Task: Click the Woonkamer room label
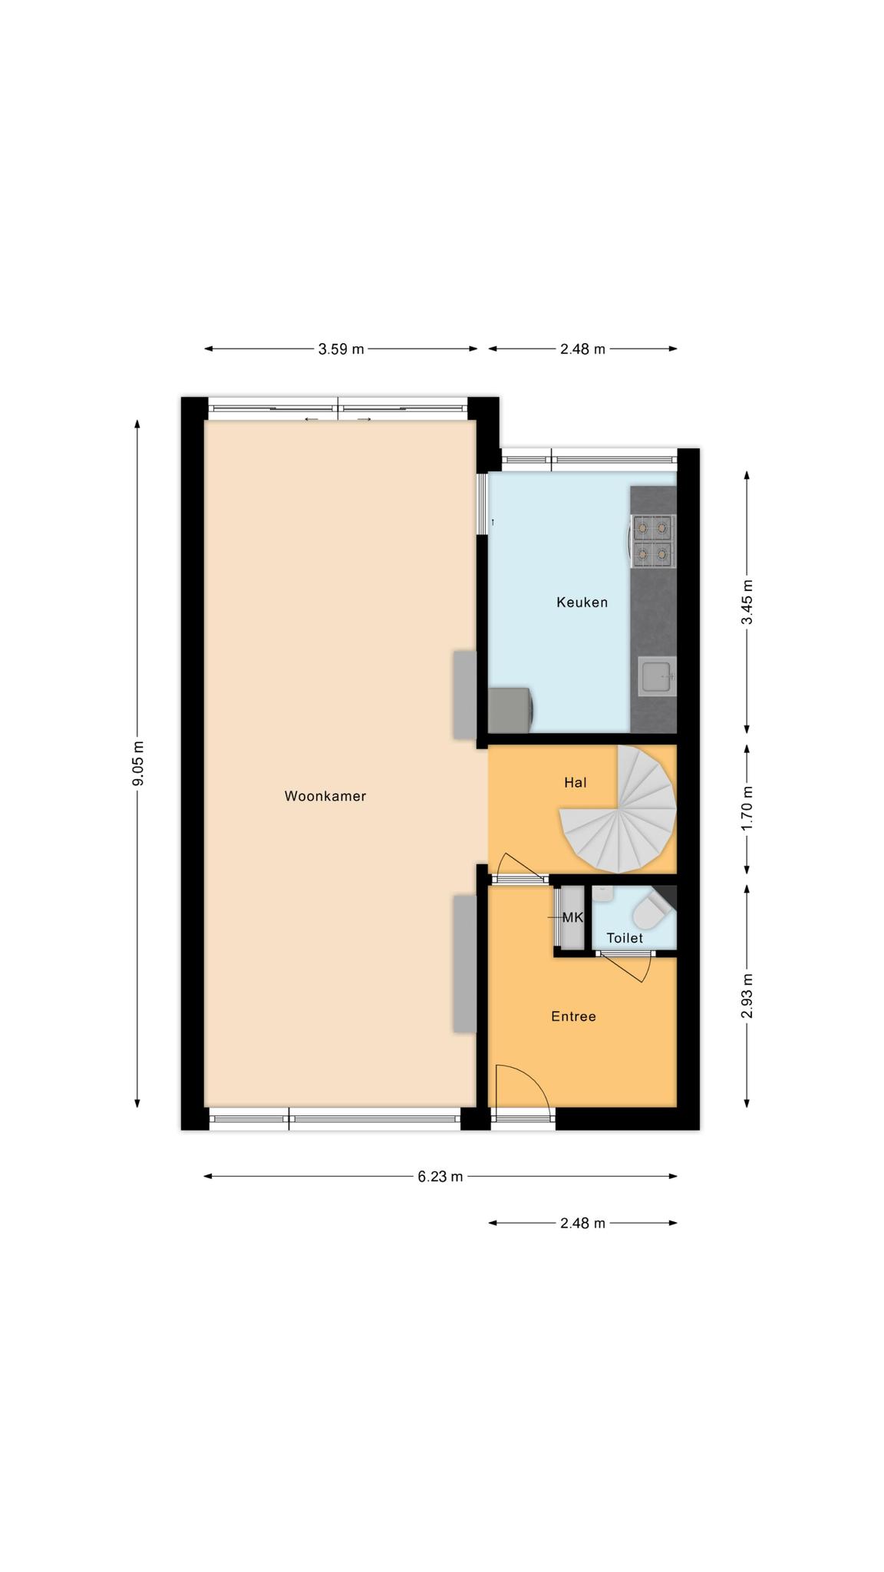(325, 796)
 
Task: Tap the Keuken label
(582, 603)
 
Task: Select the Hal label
(575, 782)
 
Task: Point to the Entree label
(573, 1016)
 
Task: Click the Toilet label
(625, 938)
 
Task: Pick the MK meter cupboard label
(572, 917)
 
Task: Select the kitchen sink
(656, 676)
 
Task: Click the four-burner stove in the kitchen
(653, 540)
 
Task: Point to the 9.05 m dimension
(137, 765)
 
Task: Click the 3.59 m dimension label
(341, 349)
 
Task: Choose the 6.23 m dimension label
(440, 1177)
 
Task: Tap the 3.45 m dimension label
(747, 602)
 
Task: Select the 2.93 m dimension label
(747, 996)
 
